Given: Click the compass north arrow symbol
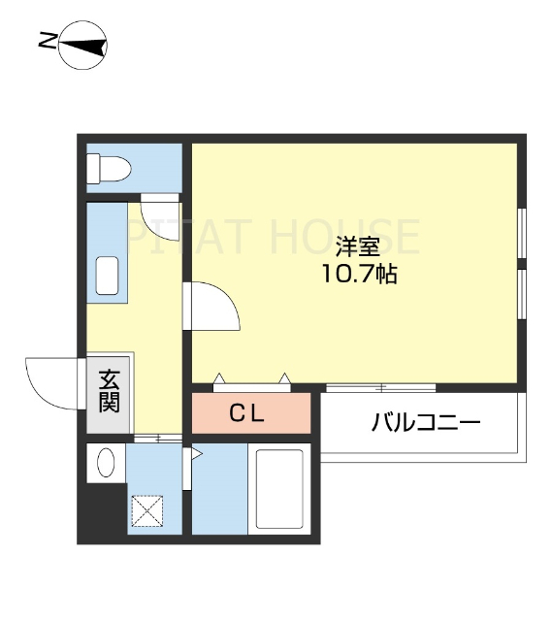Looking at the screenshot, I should tap(82, 44).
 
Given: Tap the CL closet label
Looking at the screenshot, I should tap(247, 413).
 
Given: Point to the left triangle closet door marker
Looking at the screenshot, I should tap(220, 376).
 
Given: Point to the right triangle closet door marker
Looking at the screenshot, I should tap(285, 376).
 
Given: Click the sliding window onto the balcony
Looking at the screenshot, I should tap(380, 388).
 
